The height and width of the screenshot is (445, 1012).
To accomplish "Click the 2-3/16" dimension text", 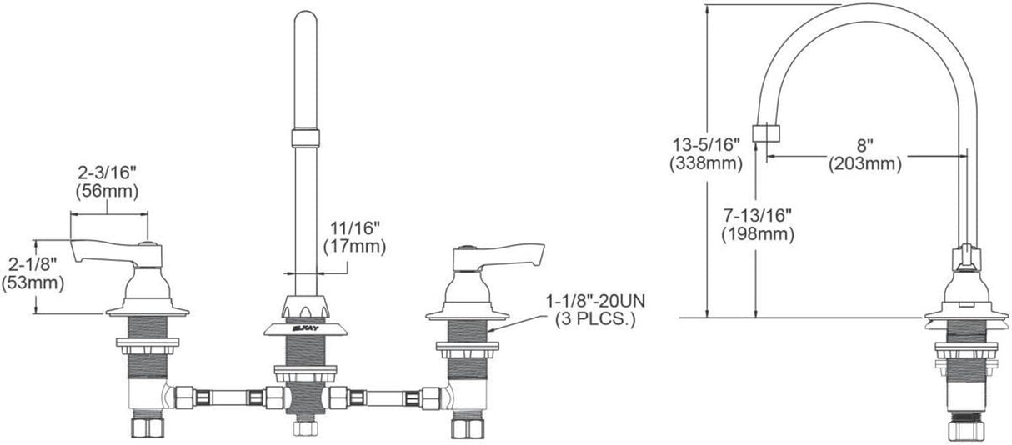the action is coord(107,172).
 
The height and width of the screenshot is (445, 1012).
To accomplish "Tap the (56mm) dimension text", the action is coord(107,192).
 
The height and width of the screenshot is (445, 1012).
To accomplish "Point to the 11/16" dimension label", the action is coord(354,228).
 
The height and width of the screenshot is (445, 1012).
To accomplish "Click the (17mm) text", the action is coord(354,247).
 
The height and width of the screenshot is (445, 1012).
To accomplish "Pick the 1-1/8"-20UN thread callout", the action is coord(595,301).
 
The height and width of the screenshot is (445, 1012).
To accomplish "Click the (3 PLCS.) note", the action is coord(595,319).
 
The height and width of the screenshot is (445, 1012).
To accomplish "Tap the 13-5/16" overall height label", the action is coord(706,145).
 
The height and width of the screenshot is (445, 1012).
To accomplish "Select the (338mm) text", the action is coord(706,163).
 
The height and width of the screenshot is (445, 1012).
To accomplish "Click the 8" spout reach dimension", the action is coord(864,146).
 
